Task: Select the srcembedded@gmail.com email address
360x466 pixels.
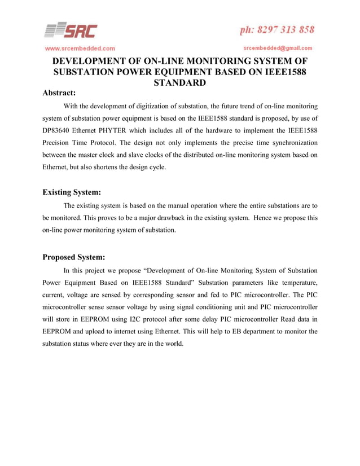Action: click(278, 48)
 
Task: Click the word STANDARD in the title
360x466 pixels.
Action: click(180, 83)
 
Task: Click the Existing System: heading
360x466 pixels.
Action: click(72, 192)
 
